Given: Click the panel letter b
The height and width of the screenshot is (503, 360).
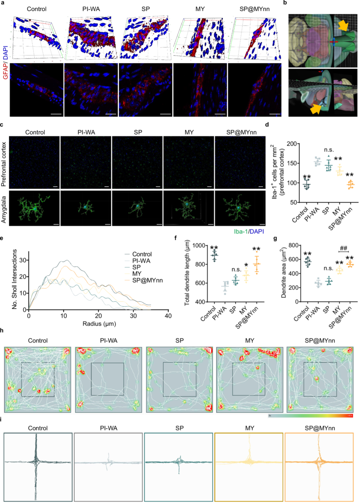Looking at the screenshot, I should [285, 3].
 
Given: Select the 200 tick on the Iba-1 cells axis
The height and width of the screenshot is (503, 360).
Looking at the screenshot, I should [292, 144].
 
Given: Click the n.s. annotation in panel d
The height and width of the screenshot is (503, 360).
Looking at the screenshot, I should [329, 150].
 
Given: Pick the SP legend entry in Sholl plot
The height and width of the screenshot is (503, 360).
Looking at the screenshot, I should [136, 267].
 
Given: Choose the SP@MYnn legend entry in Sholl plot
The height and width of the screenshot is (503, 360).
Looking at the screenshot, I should [147, 281].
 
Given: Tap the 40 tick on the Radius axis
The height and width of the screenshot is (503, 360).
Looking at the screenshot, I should [168, 316].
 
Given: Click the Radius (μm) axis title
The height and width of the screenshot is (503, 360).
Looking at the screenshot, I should [99, 324].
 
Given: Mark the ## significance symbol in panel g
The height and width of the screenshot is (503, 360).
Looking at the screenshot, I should [343, 248].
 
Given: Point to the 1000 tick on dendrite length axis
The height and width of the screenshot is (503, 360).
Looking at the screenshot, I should [199, 245].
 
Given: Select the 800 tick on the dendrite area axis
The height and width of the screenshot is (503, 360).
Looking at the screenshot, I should [293, 245].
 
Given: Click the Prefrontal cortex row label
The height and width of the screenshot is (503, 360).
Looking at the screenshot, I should [4, 164].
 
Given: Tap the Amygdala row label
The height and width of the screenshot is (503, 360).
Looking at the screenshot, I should [4, 209].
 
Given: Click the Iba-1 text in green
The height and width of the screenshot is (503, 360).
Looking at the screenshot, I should [241, 231].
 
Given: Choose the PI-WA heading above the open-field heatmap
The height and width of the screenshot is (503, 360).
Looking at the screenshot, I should [109, 341].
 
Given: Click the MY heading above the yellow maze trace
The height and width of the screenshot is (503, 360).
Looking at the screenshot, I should [250, 428].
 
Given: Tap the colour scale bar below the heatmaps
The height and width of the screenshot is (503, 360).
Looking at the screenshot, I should [310, 416].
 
